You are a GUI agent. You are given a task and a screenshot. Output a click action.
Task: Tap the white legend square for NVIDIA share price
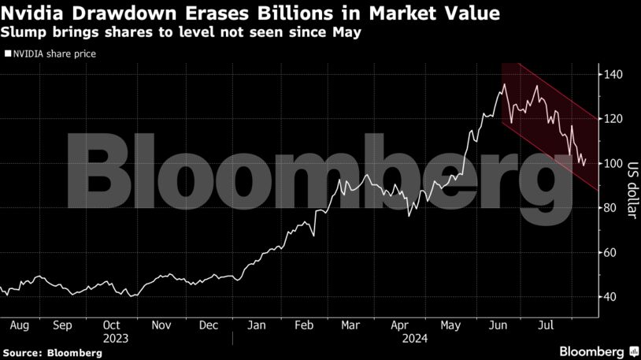click(8, 54)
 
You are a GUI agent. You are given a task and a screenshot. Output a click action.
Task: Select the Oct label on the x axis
click(112, 325)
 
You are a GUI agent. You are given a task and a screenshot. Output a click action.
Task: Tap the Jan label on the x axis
click(256, 325)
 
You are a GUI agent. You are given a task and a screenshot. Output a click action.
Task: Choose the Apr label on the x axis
click(401, 325)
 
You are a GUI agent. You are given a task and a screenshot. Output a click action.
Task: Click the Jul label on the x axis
click(544, 325)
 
